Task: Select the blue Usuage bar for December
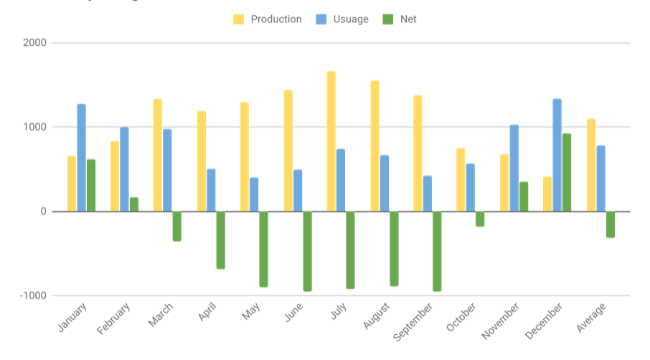[x=557, y=155]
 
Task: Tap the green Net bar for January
[x=91, y=185]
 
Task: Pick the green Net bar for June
[x=307, y=251]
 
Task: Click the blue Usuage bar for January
[x=81, y=158]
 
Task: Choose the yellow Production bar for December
[x=547, y=194]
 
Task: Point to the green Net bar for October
[x=480, y=219]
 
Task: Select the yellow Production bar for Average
[x=591, y=165]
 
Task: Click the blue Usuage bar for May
[x=254, y=194]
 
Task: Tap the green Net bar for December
[x=567, y=172]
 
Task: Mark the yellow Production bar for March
[x=158, y=155]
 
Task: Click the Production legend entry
[x=267, y=19]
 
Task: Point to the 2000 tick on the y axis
[x=34, y=43]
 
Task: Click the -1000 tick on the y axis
[x=32, y=295]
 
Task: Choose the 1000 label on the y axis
[x=34, y=127]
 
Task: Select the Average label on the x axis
[x=593, y=317]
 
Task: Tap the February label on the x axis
[x=115, y=318]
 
